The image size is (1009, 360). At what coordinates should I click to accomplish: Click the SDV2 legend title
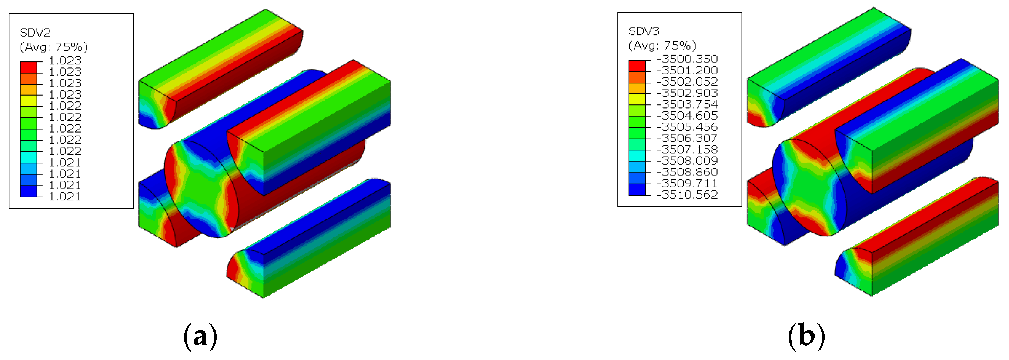coord(35,33)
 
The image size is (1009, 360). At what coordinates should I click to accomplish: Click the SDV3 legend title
coord(644,31)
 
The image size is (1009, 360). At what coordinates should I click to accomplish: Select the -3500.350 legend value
coord(687,59)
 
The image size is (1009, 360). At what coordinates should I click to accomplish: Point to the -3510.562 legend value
coord(687,195)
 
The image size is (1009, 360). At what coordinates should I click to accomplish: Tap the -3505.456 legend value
coord(687,127)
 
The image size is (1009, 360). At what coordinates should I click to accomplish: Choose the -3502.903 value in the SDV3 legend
coord(687,93)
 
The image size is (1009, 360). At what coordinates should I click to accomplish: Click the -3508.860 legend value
coord(687,172)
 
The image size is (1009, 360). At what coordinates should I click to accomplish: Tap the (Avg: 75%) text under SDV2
coord(54,47)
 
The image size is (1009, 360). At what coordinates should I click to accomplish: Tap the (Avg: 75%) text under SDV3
coord(662,46)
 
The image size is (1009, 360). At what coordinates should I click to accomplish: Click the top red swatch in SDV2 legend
coord(29,67)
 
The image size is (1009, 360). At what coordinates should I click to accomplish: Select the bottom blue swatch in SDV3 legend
coord(637,190)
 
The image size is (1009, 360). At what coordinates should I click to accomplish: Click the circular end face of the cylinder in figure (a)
coord(201,189)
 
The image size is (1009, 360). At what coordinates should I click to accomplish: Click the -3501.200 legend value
coord(687,70)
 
